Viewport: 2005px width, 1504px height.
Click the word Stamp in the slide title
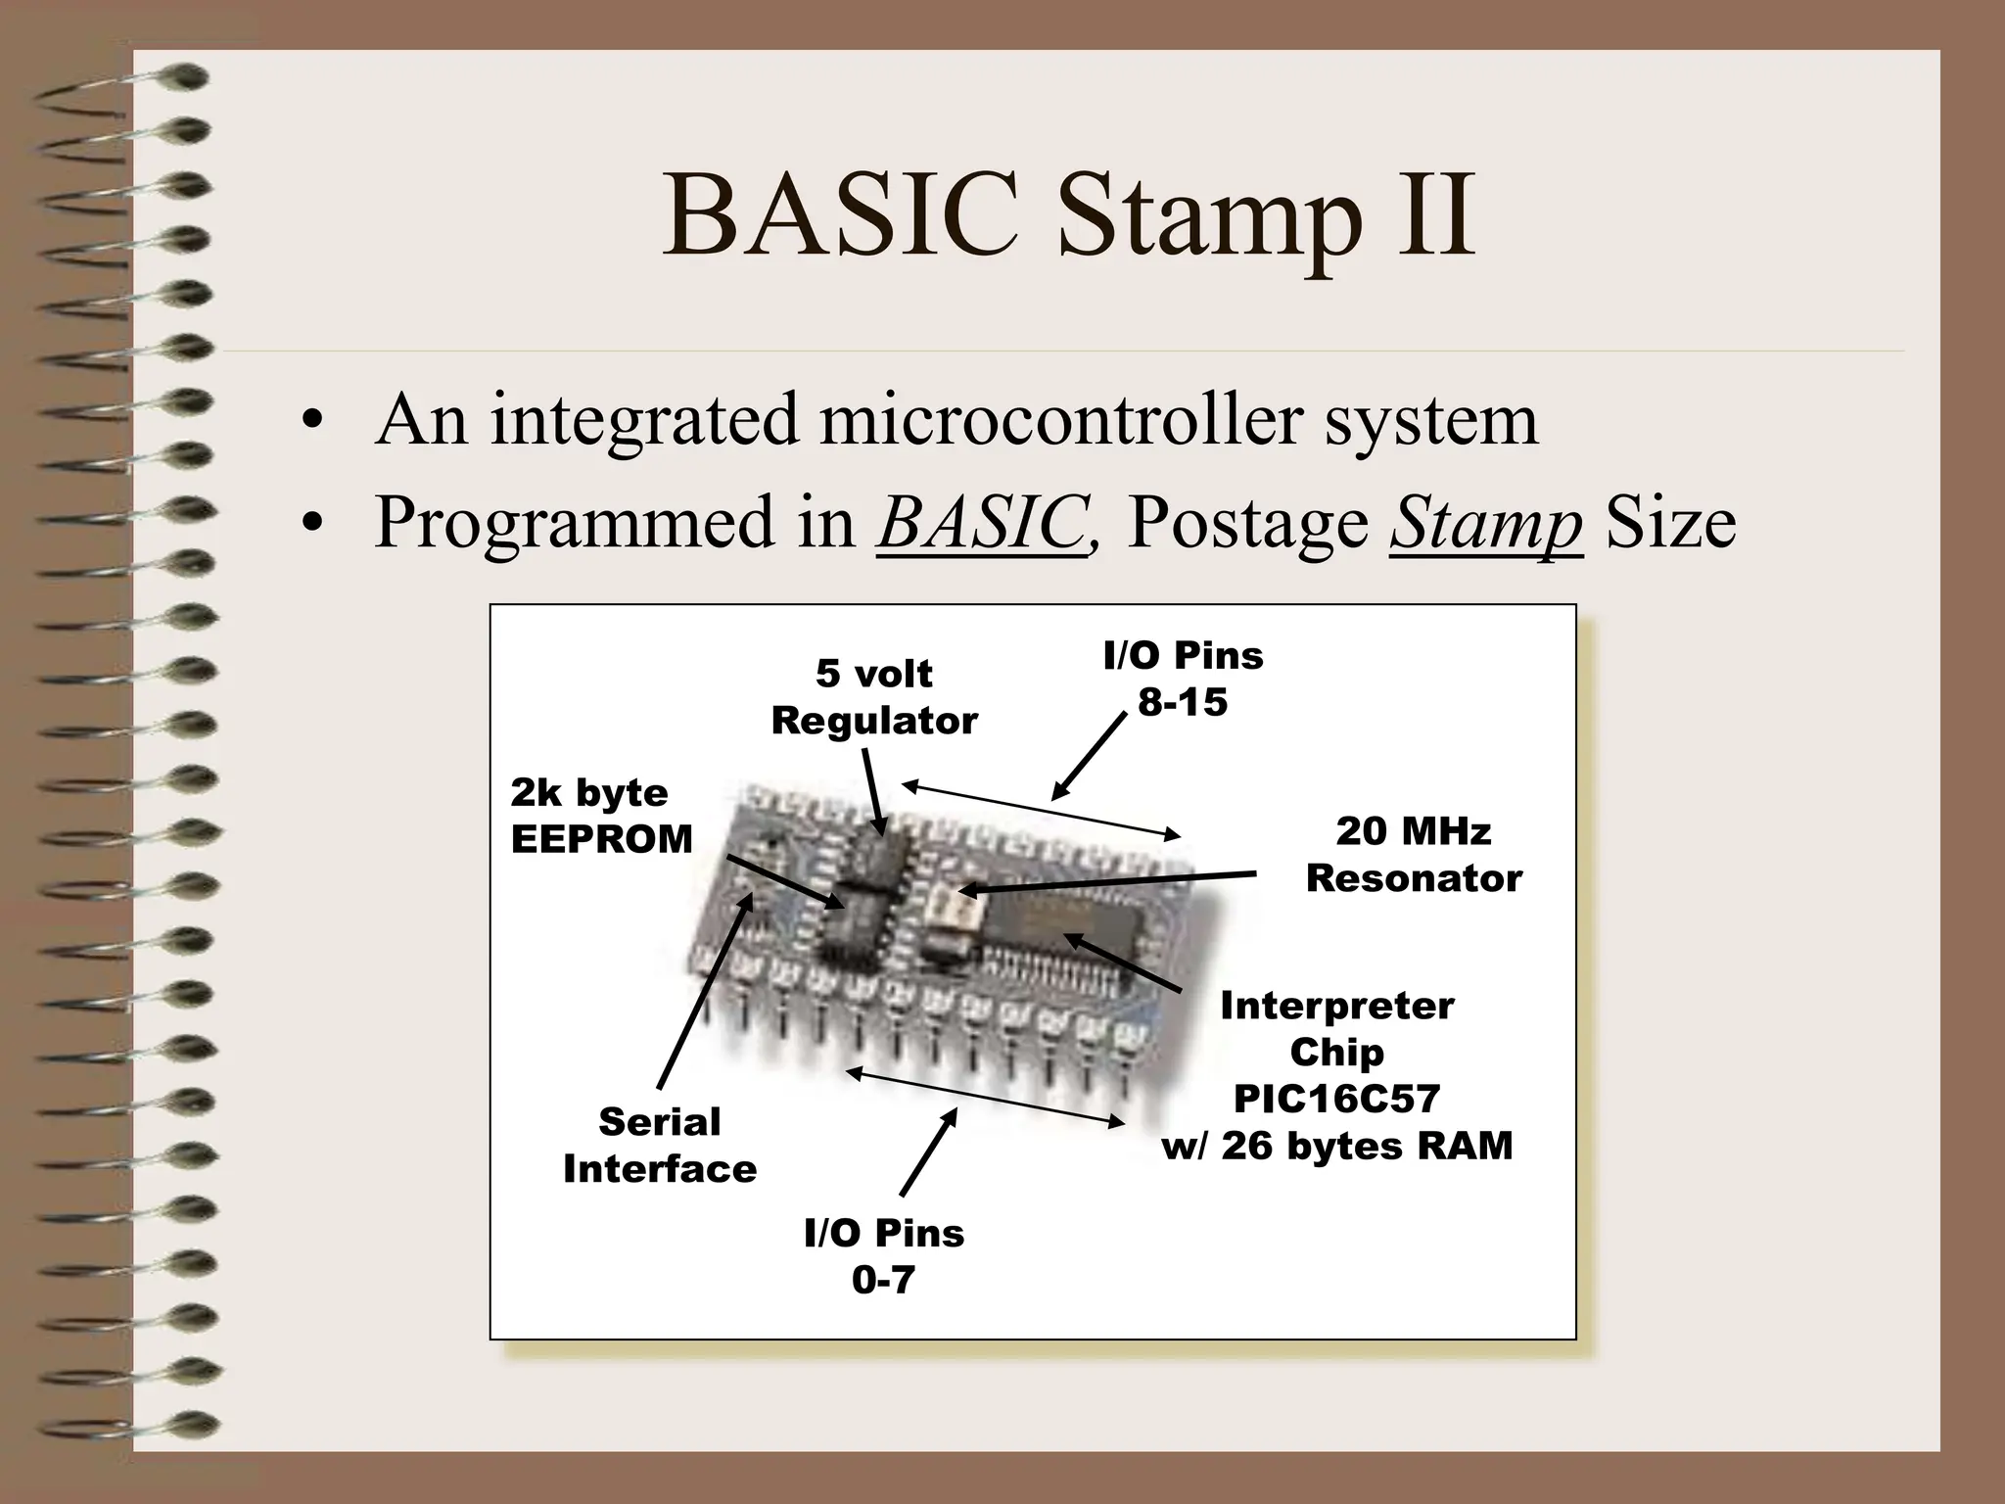(x=1210, y=217)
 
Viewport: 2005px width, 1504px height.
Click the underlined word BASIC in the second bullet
(x=982, y=521)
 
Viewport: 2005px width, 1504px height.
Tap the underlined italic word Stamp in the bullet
(x=1485, y=521)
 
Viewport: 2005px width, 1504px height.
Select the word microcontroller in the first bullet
(x=1061, y=419)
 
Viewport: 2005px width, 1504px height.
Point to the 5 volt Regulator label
(x=874, y=697)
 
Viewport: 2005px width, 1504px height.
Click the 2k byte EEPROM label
(x=600, y=816)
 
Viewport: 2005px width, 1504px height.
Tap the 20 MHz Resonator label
(x=1414, y=855)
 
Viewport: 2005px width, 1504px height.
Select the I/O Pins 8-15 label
(x=1183, y=679)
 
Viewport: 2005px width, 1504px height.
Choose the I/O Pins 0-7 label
(x=883, y=1256)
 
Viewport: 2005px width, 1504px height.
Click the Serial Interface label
(x=659, y=1145)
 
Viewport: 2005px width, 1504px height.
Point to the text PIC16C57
(x=1336, y=1099)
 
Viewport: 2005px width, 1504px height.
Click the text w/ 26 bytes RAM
(x=1336, y=1146)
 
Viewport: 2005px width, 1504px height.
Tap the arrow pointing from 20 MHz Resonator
(x=1106, y=882)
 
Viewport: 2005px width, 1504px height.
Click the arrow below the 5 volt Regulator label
(x=874, y=791)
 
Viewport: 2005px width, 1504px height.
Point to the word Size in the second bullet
(x=1670, y=521)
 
